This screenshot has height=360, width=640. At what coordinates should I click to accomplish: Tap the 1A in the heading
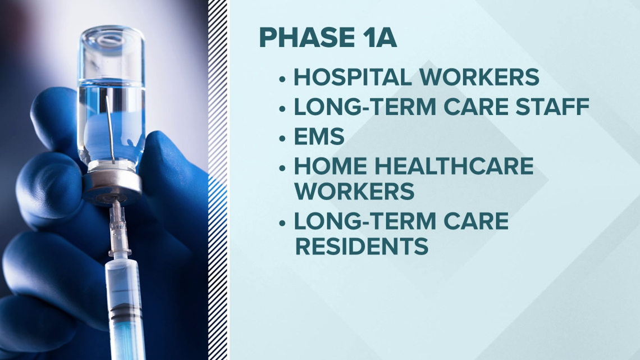coord(380,38)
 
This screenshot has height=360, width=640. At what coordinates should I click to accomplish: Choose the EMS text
coord(319,136)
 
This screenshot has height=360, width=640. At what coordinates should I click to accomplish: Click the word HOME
coord(330,166)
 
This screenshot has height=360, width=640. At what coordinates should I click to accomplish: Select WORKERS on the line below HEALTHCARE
coord(354,191)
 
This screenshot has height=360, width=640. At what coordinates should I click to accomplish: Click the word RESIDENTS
coord(362,246)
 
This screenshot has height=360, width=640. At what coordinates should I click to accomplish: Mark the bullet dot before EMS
coord(282,139)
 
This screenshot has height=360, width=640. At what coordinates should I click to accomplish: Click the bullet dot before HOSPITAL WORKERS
coord(282,79)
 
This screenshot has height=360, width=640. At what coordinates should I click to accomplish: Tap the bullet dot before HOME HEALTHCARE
coord(282,168)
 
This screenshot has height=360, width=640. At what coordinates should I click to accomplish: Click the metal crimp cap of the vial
coord(111,186)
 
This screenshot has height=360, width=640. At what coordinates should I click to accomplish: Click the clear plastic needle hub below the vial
coord(118,229)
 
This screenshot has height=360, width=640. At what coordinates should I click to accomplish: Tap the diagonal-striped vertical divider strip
coord(218,180)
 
